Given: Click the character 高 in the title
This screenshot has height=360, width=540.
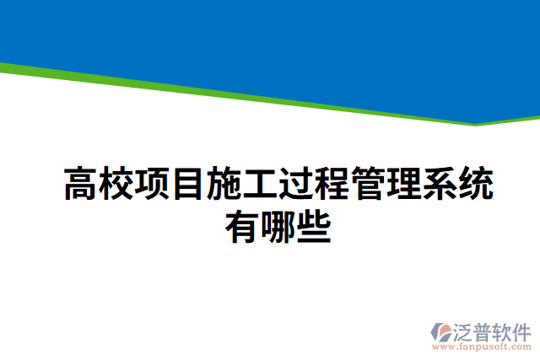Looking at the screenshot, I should (82, 184).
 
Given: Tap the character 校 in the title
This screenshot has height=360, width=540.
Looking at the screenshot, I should (117, 184).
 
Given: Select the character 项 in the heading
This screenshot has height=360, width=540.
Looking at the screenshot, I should (154, 184).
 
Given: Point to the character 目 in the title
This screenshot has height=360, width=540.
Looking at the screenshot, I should (190, 184).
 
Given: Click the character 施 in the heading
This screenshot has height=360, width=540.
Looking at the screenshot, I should (225, 184).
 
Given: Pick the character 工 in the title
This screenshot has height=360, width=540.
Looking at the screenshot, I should (262, 184).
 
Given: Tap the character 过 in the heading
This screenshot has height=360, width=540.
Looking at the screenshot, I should (297, 184).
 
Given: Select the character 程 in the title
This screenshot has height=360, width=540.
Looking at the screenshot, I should (333, 184).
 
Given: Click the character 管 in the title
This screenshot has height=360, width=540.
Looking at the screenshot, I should (369, 184).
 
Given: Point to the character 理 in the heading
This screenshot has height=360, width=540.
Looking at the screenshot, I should (405, 184).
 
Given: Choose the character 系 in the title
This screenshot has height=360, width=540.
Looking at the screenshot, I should (440, 184).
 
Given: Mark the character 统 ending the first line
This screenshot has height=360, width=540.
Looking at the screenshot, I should (477, 184).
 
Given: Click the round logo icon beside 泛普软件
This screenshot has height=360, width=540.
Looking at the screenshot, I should (444, 331).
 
